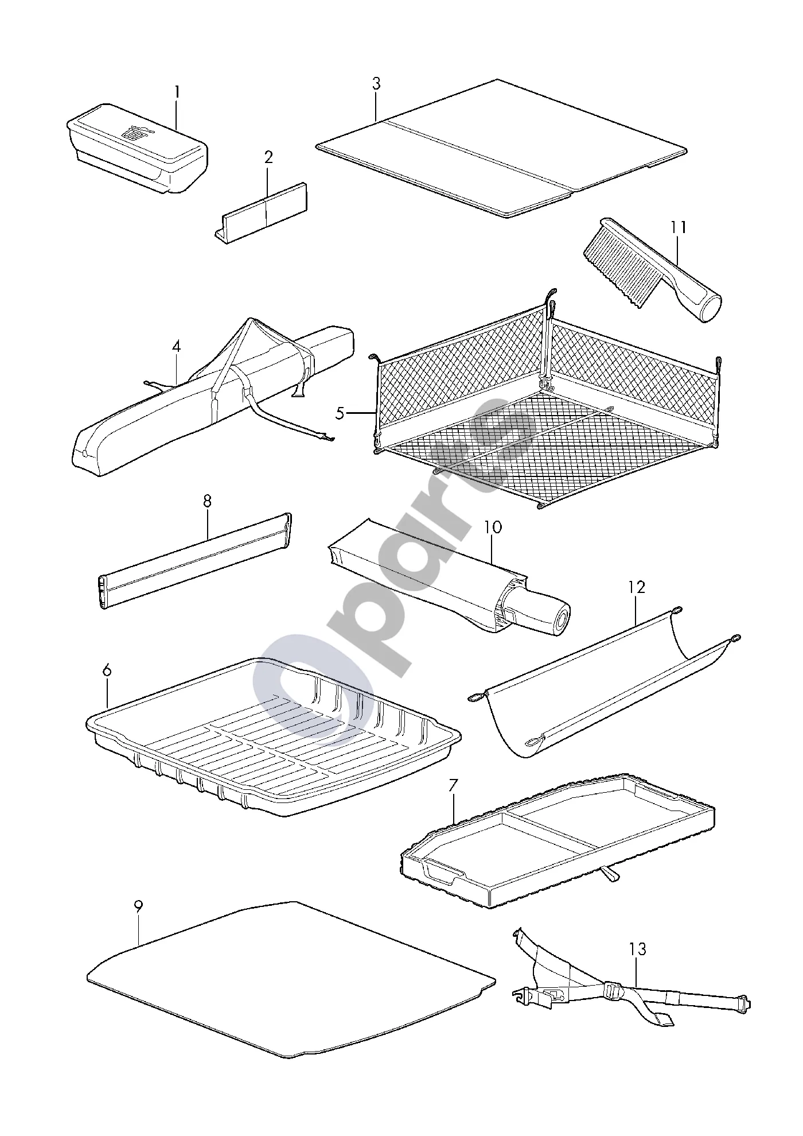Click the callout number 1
[x=177, y=92]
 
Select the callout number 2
[x=268, y=157]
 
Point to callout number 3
[x=376, y=84]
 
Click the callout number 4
[x=176, y=347]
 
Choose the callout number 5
[x=340, y=413]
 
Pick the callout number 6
[x=107, y=670]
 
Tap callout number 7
[x=453, y=785]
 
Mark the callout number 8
[x=207, y=501]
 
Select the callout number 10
[x=493, y=527]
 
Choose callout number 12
[x=637, y=587]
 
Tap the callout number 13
[x=637, y=949]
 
